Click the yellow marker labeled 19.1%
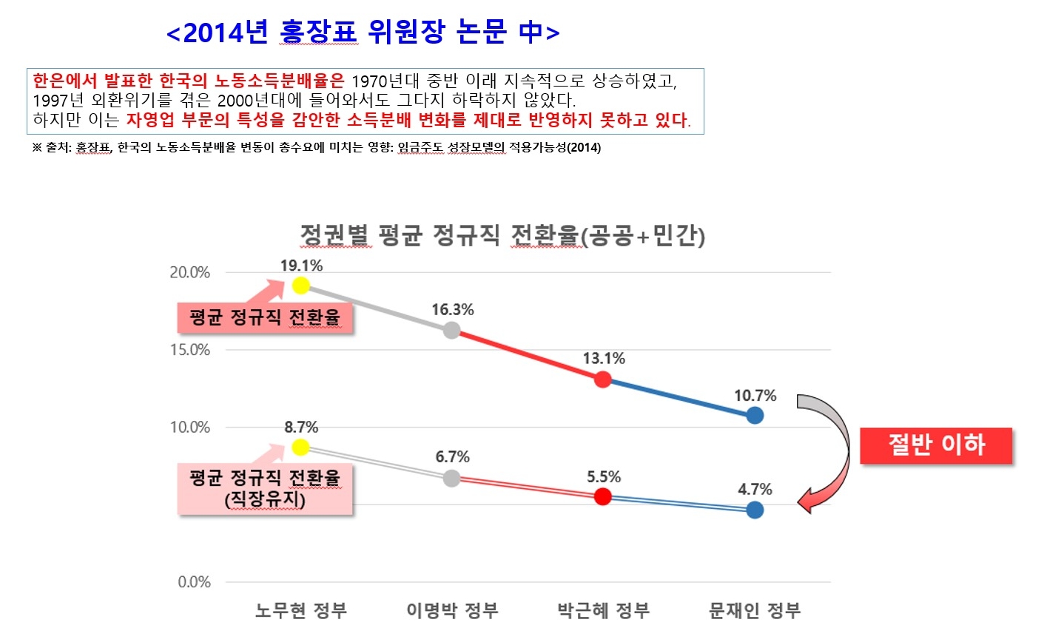coord(300,286)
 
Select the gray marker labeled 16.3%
coord(452,331)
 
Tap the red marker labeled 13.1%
coord(603,379)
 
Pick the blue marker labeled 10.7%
coord(755,415)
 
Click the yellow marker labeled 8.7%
coord(300,447)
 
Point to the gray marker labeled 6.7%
coord(452,478)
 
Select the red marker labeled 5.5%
coord(603,496)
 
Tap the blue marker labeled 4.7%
coord(755,510)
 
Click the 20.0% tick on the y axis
coord(190,272)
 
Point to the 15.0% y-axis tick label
coord(190,350)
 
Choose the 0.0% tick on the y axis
coord(194,582)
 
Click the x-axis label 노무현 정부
coord(300,611)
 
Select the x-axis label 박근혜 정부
coord(603,611)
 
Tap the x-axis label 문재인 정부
coord(755,611)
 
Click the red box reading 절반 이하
coord(936,445)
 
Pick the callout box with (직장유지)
coord(265,488)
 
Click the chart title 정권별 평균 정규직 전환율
coord(502,236)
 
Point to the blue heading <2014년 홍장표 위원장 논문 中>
coord(363,33)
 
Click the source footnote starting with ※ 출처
coord(317,147)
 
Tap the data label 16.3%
coord(452,309)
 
